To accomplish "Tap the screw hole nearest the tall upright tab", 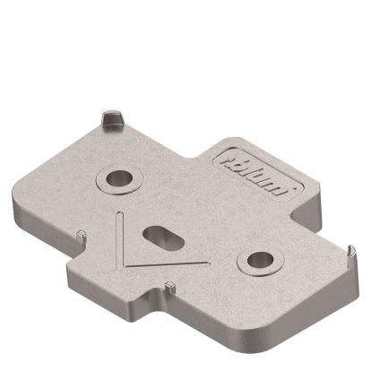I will (117, 177).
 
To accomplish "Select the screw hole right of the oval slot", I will (258, 261).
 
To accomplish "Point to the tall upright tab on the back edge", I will (111, 118).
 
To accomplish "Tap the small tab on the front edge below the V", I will (168, 286).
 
